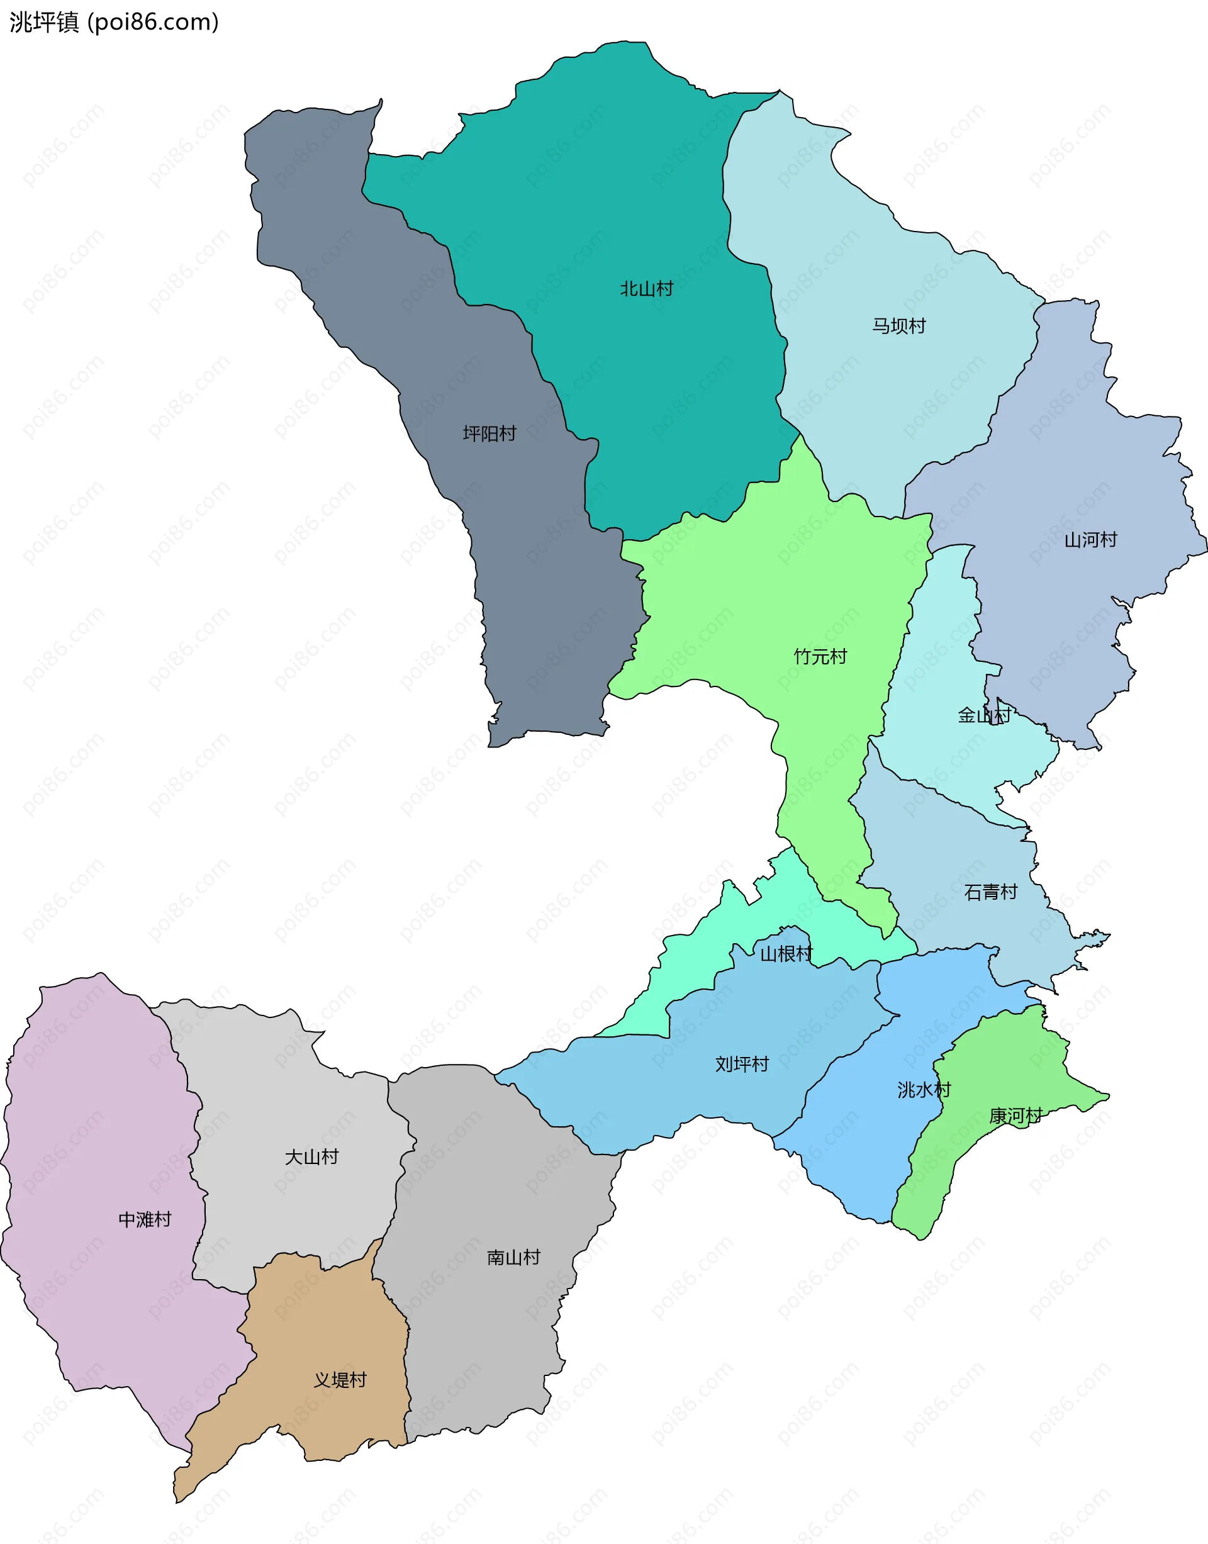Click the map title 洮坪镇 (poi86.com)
point(114,22)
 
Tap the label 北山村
point(646,289)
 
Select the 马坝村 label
point(898,326)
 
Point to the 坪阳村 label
point(489,434)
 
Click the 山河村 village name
point(1090,540)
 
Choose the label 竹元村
point(820,657)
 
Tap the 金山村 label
point(984,716)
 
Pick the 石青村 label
point(990,893)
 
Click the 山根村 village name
point(786,954)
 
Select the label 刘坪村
point(741,1065)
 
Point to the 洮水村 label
point(924,1090)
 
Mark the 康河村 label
point(1015,1116)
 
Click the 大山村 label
point(311,1157)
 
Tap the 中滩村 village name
point(144,1220)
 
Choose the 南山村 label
point(513,1258)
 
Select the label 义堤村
point(340,1380)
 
